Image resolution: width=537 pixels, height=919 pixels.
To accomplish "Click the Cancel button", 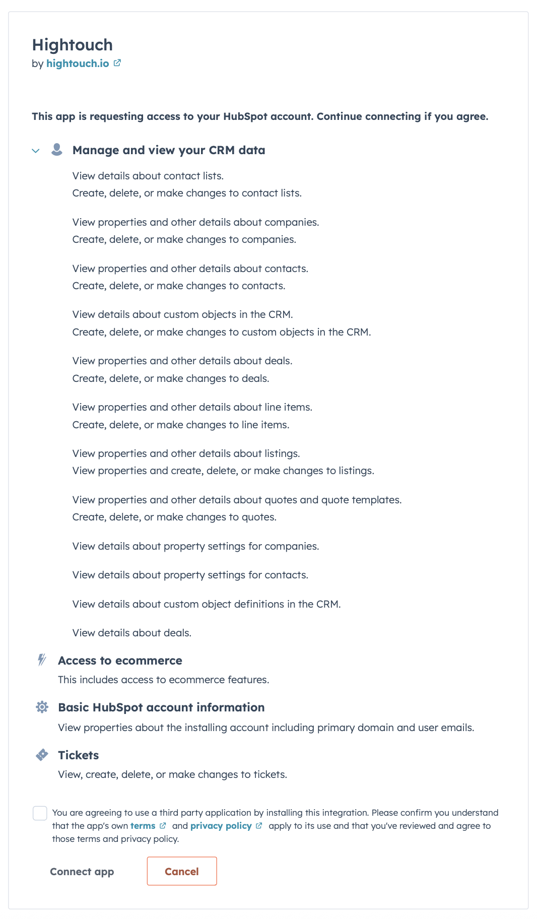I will pyautogui.click(x=182, y=871).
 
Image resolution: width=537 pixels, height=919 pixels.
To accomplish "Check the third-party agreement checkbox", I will pyautogui.click(x=40, y=813).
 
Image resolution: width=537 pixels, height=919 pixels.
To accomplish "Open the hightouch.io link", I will pyautogui.click(x=78, y=63).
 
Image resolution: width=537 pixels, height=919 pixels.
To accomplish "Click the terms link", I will pyautogui.click(x=143, y=826).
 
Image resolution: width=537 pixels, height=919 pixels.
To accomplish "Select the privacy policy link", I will pyautogui.click(x=221, y=826).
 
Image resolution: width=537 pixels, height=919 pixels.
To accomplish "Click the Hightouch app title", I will pyautogui.click(x=73, y=45).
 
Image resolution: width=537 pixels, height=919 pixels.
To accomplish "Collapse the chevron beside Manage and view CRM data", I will pyautogui.click(x=36, y=151).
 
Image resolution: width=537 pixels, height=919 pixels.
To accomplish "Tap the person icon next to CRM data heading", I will pyautogui.click(x=57, y=150).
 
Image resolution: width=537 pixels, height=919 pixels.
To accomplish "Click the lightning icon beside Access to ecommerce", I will pyautogui.click(x=42, y=660).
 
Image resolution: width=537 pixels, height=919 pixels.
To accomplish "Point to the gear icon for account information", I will pyautogui.click(x=42, y=707).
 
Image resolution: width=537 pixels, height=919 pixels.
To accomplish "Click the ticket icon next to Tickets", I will pyautogui.click(x=42, y=755).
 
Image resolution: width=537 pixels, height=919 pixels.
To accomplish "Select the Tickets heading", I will pyautogui.click(x=79, y=755).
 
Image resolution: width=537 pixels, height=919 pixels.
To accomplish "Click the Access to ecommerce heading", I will pyautogui.click(x=120, y=661).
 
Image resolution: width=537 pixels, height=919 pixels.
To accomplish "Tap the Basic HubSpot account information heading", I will pyautogui.click(x=161, y=707).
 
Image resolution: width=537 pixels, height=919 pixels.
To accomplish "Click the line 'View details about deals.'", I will pyautogui.click(x=132, y=633).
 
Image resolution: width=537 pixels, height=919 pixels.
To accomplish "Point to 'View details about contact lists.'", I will pyautogui.click(x=148, y=176).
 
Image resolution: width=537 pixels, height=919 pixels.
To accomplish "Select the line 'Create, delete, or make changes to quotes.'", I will pyautogui.click(x=174, y=517).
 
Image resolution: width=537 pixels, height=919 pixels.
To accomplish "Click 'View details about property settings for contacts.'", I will pyautogui.click(x=190, y=575).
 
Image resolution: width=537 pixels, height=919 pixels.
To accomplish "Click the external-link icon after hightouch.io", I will pyautogui.click(x=117, y=63).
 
